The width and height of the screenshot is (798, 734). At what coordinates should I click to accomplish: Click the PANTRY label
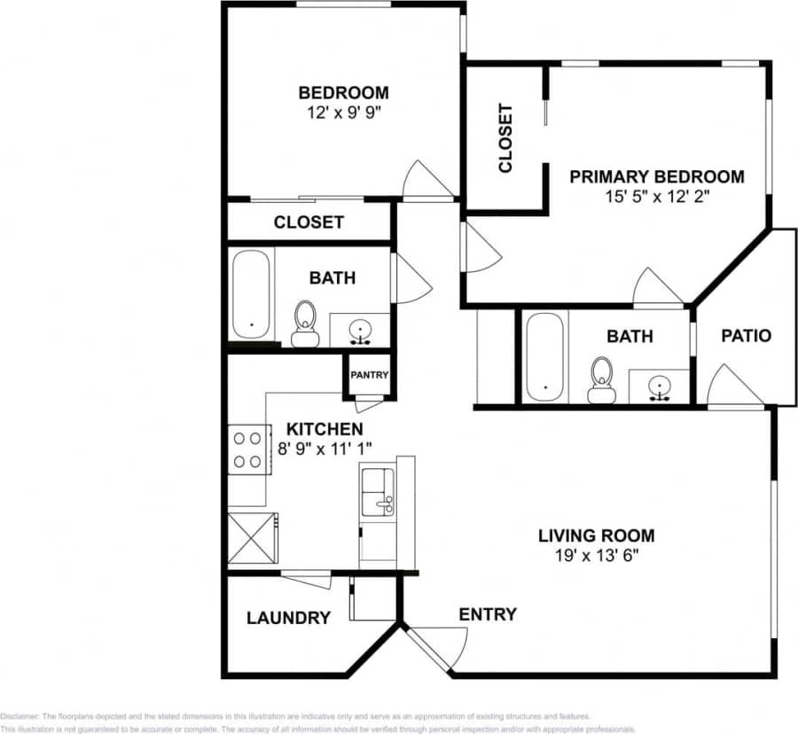tap(369, 375)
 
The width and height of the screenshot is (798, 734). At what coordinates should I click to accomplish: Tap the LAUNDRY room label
tap(288, 618)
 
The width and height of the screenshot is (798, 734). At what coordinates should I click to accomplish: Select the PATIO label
tap(746, 336)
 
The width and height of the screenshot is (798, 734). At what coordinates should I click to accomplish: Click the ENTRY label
tap(488, 614)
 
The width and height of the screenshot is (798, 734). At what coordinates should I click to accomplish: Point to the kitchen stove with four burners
tap(248, 449)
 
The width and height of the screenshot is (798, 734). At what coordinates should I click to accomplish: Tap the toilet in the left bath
tap(305, 322)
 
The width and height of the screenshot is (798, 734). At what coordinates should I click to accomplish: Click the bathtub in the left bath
tap(253, 294)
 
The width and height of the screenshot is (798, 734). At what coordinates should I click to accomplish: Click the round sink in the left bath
tap(361, 330)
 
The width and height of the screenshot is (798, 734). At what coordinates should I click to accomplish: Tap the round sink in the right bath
tap(659, 387)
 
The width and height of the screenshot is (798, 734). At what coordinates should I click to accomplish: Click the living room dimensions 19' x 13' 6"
tap(596, 557)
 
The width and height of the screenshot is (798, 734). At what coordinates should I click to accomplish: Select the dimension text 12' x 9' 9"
tap(343, 113)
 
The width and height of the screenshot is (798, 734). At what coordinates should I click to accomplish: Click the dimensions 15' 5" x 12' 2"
tap(656, 197)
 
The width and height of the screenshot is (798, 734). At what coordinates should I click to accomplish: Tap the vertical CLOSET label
tap(505, 138)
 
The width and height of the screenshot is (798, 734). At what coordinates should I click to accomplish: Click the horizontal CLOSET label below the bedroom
tap(309, 223)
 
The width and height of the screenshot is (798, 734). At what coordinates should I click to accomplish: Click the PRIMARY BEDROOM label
tap(656, 176)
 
